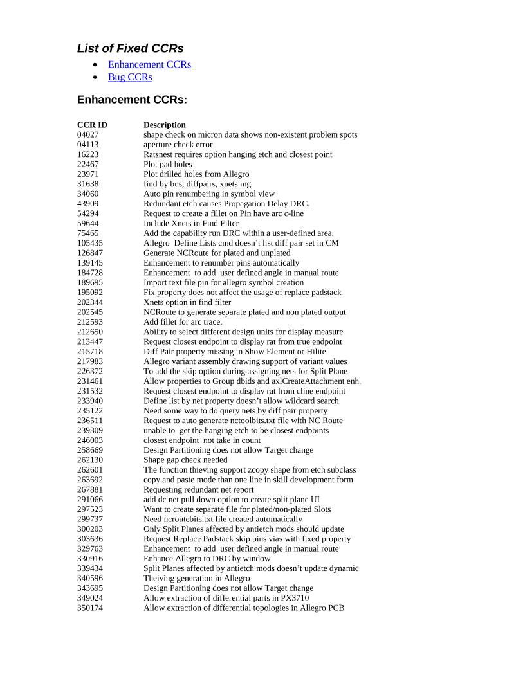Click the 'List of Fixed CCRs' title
(x=130, y=48)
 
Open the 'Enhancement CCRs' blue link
(x=149, y=64)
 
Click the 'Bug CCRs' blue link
(x=130, y=77)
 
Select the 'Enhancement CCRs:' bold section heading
(x=132, y=100)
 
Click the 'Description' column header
(x=165, y=125)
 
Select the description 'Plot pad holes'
(x=167, y=165)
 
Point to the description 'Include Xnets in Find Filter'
(x=192, y=224)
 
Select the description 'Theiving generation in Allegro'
(x=196, y=578)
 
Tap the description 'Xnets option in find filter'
(x=187, y=302)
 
